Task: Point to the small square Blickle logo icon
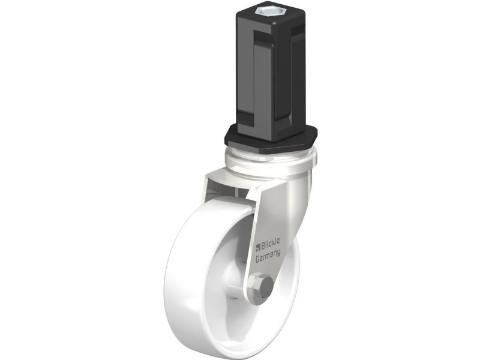pos(257,247)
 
